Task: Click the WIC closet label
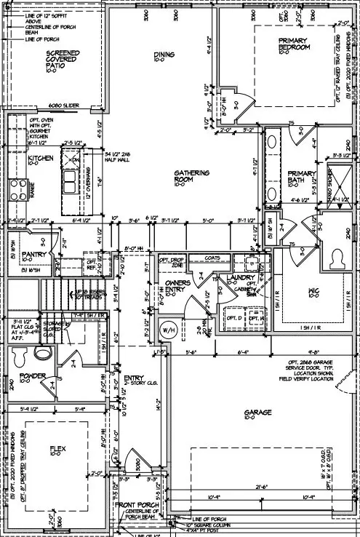coord(313,293)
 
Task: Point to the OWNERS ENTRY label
coord(177,286)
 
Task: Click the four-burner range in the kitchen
coord(17,188)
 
